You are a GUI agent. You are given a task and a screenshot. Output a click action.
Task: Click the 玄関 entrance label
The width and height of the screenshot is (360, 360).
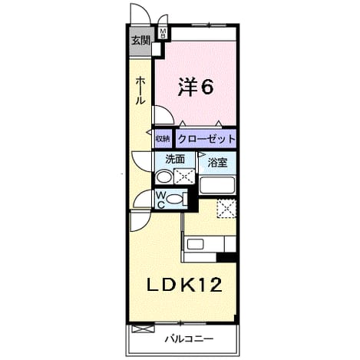click(x=140, y=41)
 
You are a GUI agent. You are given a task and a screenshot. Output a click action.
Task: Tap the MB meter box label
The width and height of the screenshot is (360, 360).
click(x=163, y=33)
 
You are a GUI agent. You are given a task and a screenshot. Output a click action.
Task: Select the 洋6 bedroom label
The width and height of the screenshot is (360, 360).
click(x=196, y=87)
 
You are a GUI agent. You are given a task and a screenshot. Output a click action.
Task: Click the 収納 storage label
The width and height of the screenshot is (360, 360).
click(x=163, y=139)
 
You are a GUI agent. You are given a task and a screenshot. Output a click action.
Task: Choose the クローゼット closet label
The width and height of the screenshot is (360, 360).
click(x=206, y=139)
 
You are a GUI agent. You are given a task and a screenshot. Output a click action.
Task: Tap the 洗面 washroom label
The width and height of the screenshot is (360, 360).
click(x=175, y=159)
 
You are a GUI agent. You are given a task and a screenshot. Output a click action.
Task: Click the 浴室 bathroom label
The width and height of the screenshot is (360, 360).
click(x=217, y=163)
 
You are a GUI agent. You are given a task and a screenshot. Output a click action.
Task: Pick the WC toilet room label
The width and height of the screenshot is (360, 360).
click(x=160, y=200)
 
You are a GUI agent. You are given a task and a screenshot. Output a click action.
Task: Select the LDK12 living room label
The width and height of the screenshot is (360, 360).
click(x=183, y=285)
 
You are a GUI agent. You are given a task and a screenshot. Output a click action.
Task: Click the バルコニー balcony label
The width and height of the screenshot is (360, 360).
click(x=189, y=339)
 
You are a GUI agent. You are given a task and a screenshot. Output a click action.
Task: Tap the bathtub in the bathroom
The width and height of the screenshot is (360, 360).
click(x=217, y=185)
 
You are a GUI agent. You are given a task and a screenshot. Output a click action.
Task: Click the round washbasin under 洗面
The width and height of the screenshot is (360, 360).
click(x=163, y=177)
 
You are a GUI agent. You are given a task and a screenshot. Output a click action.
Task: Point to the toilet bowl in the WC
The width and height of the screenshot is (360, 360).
click(x=174, y=199)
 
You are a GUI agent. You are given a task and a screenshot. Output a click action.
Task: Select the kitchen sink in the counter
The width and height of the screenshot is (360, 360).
click(x=195, y=244)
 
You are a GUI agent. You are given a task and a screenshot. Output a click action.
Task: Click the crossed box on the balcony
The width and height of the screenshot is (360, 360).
click(x=143, y=329)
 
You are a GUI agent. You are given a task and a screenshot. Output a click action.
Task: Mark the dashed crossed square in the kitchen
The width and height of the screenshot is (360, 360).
click(x=226, y=209)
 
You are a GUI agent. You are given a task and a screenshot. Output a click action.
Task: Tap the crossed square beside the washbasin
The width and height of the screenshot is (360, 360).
click(x=184, y=176)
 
